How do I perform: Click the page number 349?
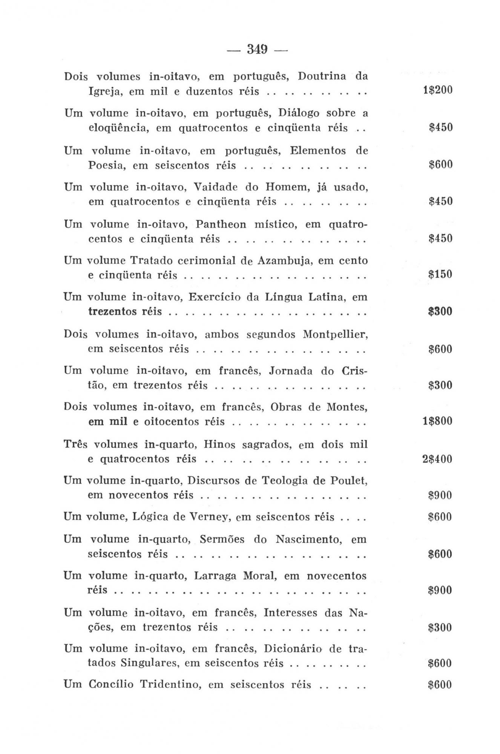pos(257,49)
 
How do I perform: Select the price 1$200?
pos(437,90)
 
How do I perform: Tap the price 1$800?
pos(437,421)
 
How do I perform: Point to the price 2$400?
pos(437,459)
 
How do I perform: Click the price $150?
pos(440,274)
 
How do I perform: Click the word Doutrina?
pos(322,77)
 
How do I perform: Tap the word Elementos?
pos(318,151)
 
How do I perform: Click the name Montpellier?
pos(335,335)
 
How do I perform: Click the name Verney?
pos(210,517)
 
